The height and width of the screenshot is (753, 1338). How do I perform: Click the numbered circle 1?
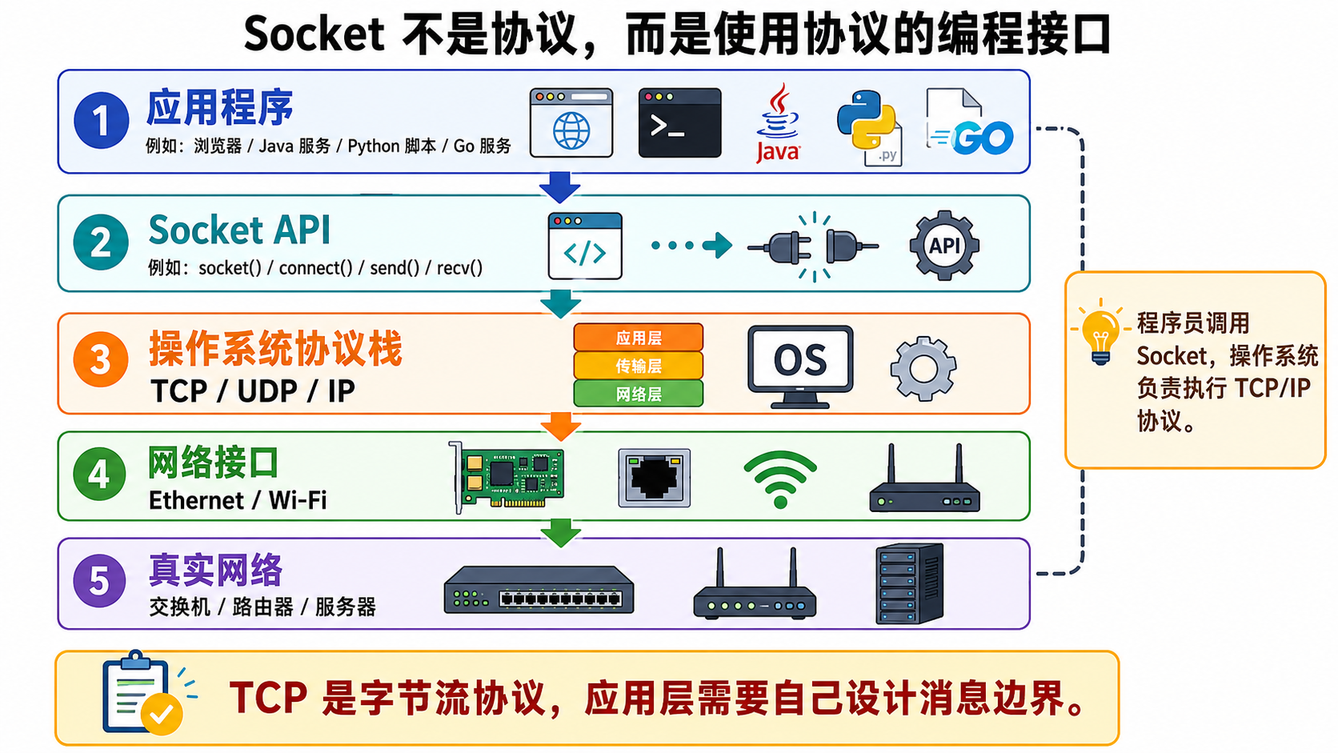pyautogui.click(x=101, y=121)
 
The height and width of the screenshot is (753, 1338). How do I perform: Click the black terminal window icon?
pyautogui.click(x=679, y=123)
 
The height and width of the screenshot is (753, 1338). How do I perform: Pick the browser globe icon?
pyautogui.click(x=571, y=123)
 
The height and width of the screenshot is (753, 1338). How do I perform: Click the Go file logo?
pyautogui.click(x=969, y=122)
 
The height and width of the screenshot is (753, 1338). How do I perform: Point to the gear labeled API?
pyautogui.click(x=944, y=245)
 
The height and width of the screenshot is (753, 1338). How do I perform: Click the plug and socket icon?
pyautogui.click(x=813, y=246)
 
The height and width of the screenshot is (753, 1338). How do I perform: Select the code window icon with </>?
pyautogui.click(x=585, y=246)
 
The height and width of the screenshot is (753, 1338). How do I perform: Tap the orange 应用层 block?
pyautogui.click(x=639, y=338)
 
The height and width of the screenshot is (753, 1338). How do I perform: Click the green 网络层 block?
pyautogui.click(x=639, y=395)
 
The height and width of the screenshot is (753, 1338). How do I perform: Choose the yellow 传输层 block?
pyautogui.click(x=639, y=366)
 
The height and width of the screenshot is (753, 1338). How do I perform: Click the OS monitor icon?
pyautogui.click(x=800, y=366)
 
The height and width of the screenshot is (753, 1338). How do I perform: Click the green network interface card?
pyautogui.click(x=507, y=477)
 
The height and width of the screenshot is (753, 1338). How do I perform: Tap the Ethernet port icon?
pyautogui.click(x=654, y=479)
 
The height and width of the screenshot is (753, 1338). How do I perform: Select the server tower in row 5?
pyautogui.click(x=910, y=583)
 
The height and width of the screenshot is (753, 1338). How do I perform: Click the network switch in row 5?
pyautogui.click(x=539, y=590)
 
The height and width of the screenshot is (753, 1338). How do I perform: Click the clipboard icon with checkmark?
pyautogui.click(x=142, y=693)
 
